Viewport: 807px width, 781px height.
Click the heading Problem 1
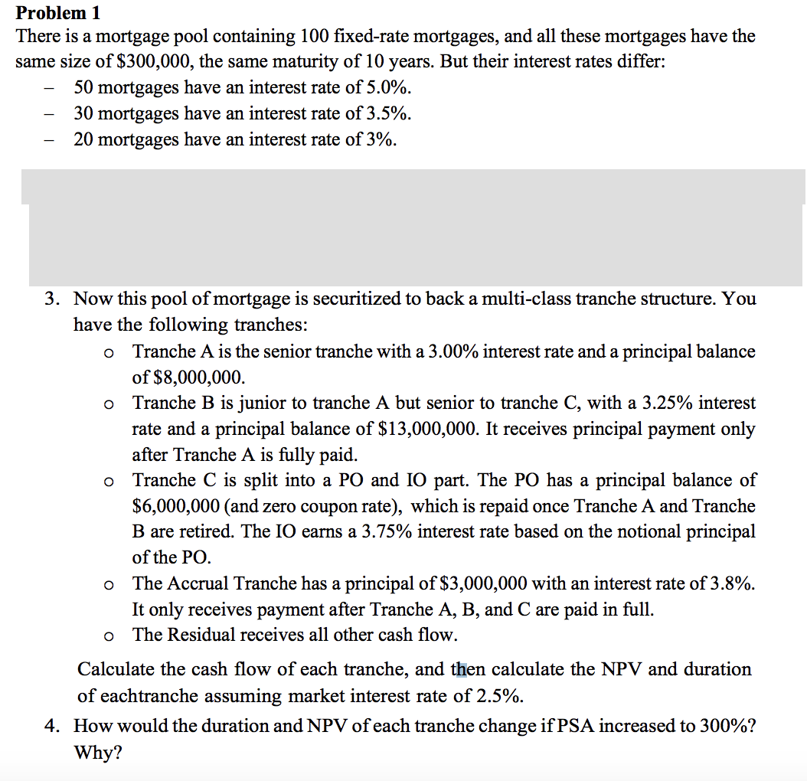coord(58,12)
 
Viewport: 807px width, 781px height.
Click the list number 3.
coord(51,299)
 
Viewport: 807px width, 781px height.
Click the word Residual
coord(201,635)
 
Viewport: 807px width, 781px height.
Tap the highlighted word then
coord(469,669)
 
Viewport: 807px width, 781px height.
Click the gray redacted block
coord(417,227)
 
